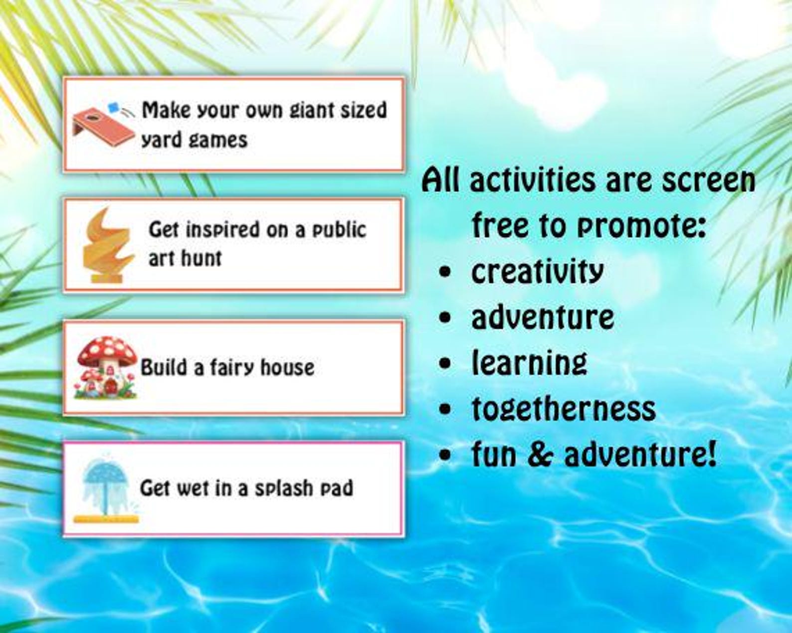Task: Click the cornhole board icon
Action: click(x=102, y=127)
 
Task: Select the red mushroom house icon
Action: click(x=106, y=368)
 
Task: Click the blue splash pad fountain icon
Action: click(x=106, y=488)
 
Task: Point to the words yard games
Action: click(x=195, y=140)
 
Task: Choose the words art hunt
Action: click(x=185, y=259)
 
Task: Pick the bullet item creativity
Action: click(x=537, y=272)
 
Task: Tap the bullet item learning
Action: click(x=529, y=363)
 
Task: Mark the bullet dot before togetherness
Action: click(x=445, y=410)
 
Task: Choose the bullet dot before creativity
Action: click(x=445, y=272)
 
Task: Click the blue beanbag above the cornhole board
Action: click(x=114, y=106)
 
